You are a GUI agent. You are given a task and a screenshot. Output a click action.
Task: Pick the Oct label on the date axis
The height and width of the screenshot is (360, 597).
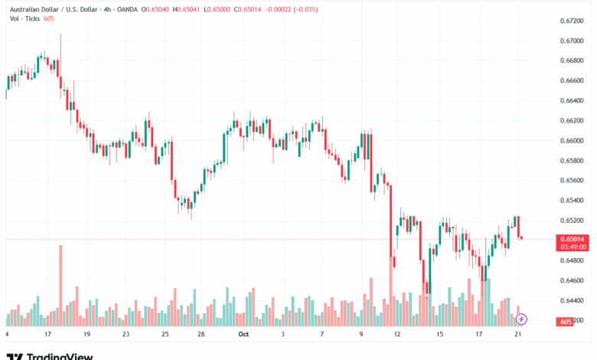tap(243, 334)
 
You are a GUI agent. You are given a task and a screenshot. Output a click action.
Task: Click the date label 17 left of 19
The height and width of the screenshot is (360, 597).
tap(47, 334)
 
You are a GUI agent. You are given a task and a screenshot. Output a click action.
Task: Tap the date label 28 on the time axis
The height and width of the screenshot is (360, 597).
tap(201, 334)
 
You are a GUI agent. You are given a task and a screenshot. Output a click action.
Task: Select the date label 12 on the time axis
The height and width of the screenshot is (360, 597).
tap(397, 334)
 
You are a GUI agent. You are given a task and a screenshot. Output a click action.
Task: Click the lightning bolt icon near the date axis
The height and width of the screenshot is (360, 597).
tap(521, 319)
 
